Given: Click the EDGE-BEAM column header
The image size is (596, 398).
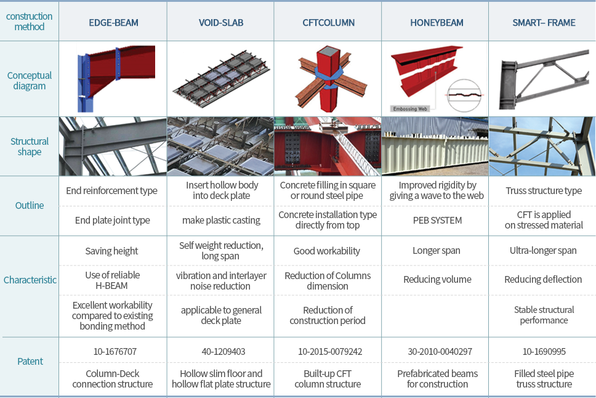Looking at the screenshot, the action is (x=113, y=23).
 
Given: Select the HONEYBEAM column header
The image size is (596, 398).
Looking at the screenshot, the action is (x=437, y=23).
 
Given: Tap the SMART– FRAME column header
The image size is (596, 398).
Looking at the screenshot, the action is (x=544, y=23).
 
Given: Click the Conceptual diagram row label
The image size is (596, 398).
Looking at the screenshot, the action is (x=30, y=81).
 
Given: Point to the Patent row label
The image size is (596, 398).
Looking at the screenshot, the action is (x=30, y=362).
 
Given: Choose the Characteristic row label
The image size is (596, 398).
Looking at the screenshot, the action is (x=30, y=280).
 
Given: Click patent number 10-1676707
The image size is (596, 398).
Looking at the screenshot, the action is (x=115, y=352).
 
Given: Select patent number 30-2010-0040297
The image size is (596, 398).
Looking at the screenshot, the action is (x=440, y=352).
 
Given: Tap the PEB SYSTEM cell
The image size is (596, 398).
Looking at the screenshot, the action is (x=437, y=221).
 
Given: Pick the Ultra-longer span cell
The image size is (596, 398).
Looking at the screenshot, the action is (x=543, y=250).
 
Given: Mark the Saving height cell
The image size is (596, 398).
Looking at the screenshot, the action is (x=111, y=251).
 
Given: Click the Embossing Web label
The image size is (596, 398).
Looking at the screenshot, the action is (x=410, y=109).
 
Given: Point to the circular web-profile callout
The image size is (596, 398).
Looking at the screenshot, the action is (x=464, y=95).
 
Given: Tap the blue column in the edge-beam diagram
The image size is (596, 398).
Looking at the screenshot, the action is (x=84, y=82).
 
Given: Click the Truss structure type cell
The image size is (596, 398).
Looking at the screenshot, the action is (x=544, y=190).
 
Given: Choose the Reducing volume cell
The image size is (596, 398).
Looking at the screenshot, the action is (x=437, y=280).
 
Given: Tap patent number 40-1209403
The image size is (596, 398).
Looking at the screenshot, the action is (x=223, y=352).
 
